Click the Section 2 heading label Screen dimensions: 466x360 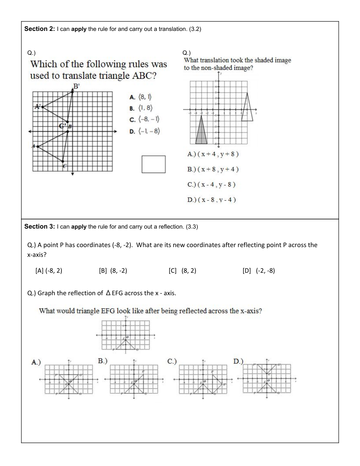tap(39, 29)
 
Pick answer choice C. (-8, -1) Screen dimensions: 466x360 tap(145, 119)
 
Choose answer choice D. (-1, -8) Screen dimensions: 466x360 tap(145, 131)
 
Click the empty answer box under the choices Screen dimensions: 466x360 tap(154, 164)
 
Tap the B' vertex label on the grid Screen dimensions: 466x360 tap(76, 86)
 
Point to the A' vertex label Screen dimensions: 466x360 tap(38, 107)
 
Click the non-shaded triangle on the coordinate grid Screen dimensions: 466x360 tap(247, 109)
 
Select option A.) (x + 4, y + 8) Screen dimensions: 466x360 tap(213, 154)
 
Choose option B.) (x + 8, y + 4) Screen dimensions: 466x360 tap(213, 169)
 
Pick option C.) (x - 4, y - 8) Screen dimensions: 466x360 tap(211, 185)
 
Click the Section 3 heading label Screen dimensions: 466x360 tap(39, 227)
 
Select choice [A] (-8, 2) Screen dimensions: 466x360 tap(49, 271)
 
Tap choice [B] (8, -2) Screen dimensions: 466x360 tap(113, 271)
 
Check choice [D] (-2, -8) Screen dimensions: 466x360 tap(259, 271)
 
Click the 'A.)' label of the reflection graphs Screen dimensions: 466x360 tap(36, 362)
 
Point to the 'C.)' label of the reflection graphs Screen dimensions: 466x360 tap(172, 361)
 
